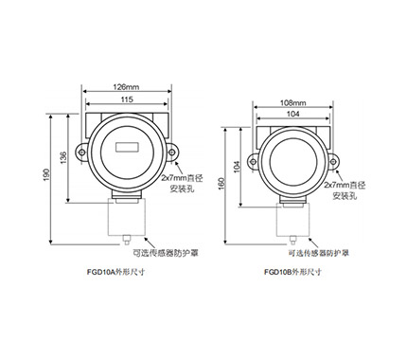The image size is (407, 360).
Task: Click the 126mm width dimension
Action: click(x=127, y=87)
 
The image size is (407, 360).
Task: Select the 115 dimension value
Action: click(x=127, y=99)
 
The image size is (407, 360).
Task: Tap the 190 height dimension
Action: click(x=46, y=174)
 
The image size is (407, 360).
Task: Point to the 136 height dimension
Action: click(x=63, y=157)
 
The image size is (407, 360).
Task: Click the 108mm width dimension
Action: click(x=293, y=102)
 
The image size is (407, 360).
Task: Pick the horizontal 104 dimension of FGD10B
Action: click(x=292, y=114)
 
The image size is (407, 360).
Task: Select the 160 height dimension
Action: click(x=221, y=184)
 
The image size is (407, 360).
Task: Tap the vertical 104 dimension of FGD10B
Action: click(x=237, y=167)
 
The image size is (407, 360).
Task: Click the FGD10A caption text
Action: click(x=115, y=272)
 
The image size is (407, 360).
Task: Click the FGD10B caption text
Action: click(x=292, y=272)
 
